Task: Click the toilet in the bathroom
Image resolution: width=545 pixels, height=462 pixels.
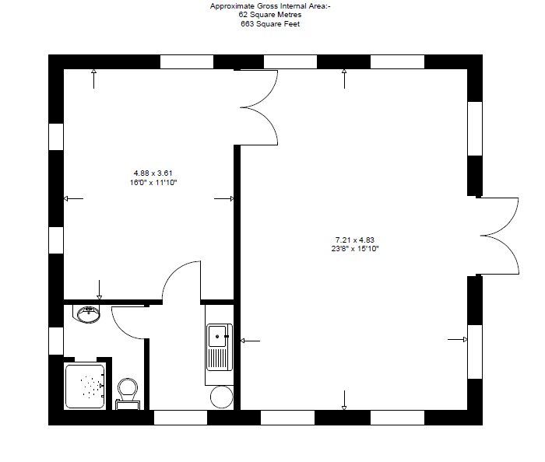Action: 127,390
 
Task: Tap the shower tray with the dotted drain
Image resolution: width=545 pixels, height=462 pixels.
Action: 86,385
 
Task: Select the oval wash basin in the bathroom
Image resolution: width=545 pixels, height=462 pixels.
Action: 88,313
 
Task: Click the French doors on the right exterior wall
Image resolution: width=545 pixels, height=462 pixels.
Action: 498,235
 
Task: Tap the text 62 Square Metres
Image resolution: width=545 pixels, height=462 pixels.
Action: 270,15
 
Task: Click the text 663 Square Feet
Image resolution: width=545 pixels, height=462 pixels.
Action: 270,24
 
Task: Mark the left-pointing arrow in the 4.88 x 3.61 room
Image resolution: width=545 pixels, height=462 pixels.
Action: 72,199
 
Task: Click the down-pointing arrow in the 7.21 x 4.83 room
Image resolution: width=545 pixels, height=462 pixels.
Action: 344,404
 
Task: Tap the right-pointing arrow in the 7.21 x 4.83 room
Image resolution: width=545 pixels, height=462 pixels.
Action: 459,340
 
